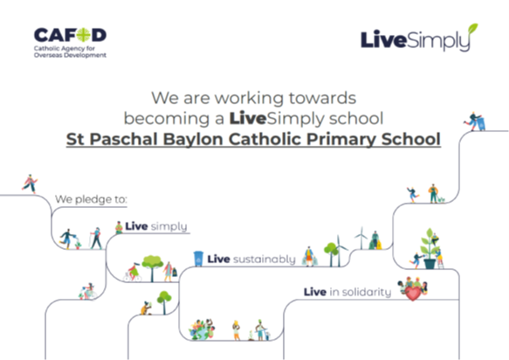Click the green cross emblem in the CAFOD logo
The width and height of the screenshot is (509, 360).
click(x=84, y=35)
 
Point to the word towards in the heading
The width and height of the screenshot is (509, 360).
click(x=322, y=98)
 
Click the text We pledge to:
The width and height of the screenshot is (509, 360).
click(x=91, y=199)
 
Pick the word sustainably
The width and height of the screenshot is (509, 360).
click(x=265, y=260)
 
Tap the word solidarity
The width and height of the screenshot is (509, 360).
click(x=361, y=292)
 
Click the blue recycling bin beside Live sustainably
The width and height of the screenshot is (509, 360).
click(x=198, y=259)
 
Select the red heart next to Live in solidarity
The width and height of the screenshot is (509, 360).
click(x=413, y=293)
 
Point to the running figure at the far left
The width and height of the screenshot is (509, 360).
click(x=30, y=183)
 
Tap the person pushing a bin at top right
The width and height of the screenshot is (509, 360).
click(x=475, y=121)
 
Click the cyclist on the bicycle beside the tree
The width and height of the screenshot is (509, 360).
click(x=133, y=272)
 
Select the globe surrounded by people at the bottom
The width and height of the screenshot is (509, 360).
click(x=202, y=329)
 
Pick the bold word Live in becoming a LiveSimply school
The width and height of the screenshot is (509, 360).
click(x=248, y=118)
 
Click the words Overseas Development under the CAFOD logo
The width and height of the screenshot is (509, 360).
click(x=70, y=55)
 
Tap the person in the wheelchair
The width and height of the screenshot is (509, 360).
click(x=87, y=292)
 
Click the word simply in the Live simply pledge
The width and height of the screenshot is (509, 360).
click(x=169, y=226)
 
